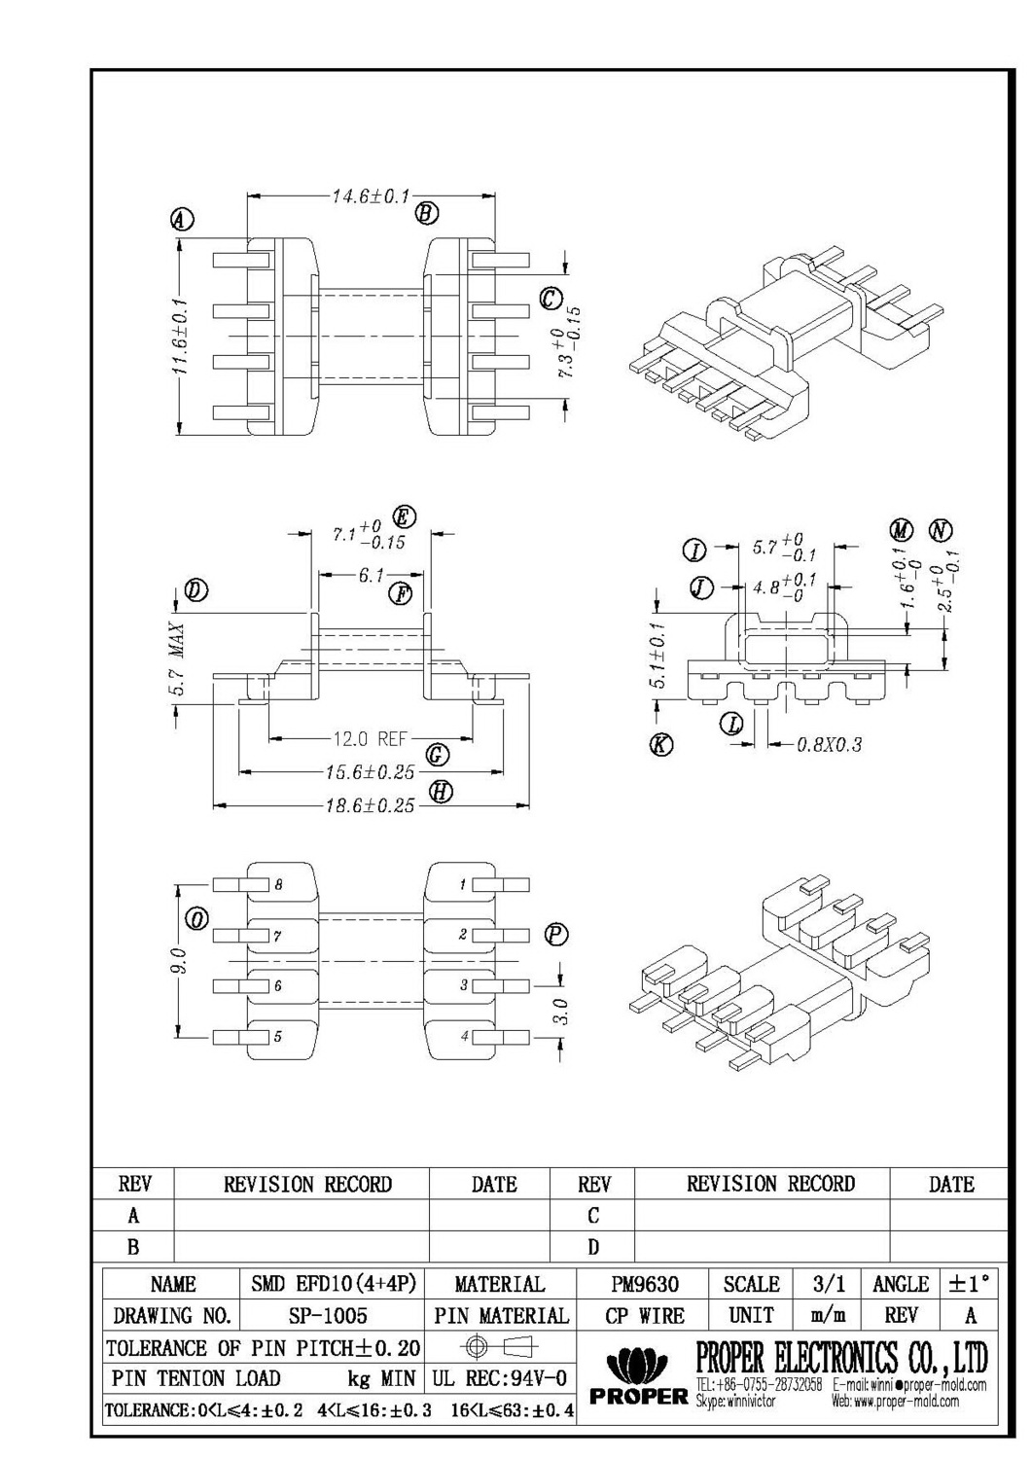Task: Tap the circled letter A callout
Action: coord(182,220)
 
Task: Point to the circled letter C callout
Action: coord(551,298)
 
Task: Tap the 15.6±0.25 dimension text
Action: coord(370,772)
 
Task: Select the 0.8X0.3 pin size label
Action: coord(829,745)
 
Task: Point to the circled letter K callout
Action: coord(661,745)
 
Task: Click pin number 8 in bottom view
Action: coord(278,885)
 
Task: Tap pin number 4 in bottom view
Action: coord(464,1037)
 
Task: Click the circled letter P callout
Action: coord(555,935)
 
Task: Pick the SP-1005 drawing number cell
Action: coord(328,1316)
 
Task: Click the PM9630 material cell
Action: coord(644,1284)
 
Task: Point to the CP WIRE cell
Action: coord(644,1316)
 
